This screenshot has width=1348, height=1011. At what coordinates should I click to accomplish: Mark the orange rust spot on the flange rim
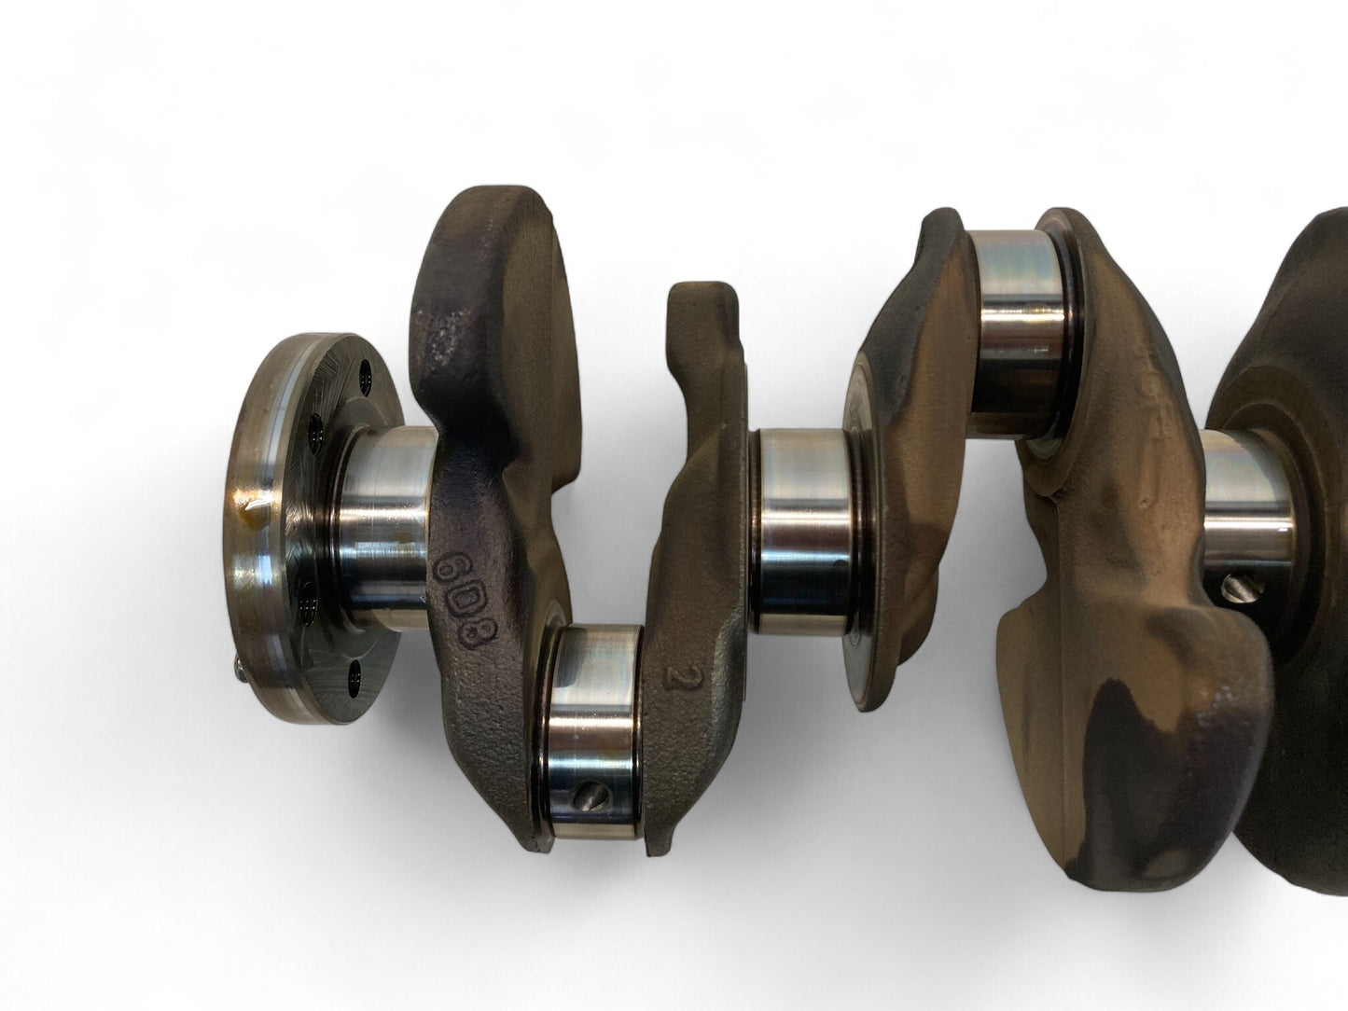pos(248,507)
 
